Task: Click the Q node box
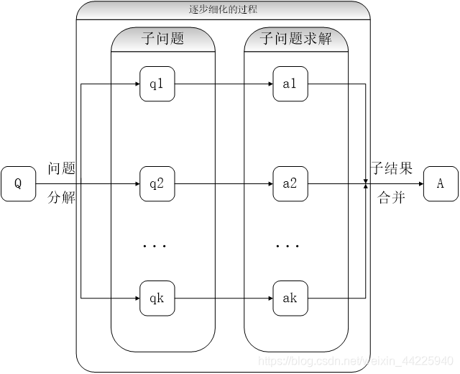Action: (x=19, y=183)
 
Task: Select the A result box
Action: (x=441, y=183)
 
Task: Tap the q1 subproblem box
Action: (x=157, y=84)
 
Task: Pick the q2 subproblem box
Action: (x=157, y=183)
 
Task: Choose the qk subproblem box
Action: (x=157, y=298)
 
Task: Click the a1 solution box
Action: (x=290, y=84)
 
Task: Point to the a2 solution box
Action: (x=290, y=183)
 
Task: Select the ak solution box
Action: (x=290, y=298)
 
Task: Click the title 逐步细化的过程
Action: (x=224, y=10)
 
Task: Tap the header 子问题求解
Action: (x=296, y=39)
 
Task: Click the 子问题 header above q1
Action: (x=163, y=39)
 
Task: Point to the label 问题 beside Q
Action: (x=62, y=170)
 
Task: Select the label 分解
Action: (x=62, y=198)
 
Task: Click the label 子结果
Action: (x=392, y=170)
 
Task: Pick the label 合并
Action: (x=392, y=198)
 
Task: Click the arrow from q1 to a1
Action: (x=224, y=84)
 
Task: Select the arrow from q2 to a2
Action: (x=224, y=183)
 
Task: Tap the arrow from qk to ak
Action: (x=224, y=298)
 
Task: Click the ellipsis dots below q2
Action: (x=155, y=247)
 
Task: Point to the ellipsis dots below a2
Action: (x=287, y=247)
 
